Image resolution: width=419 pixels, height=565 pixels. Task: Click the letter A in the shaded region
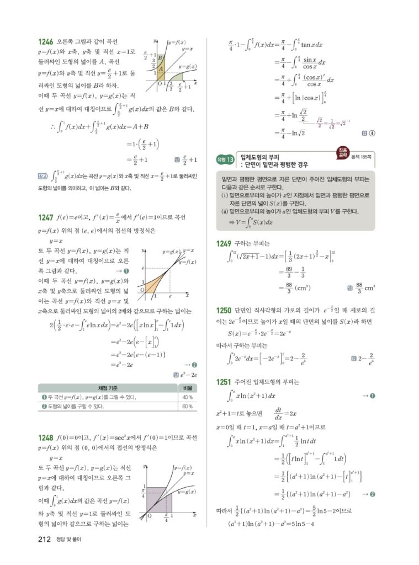(x=160, y=69)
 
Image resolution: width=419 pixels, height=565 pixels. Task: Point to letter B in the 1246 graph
(x=160, y=57)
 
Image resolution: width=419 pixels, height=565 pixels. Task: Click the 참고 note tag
(x=43, y=176)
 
